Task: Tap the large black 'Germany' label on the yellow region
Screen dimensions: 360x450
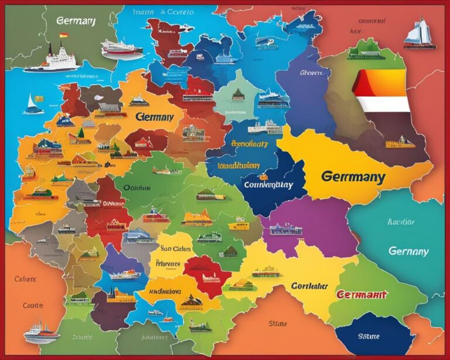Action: point(353,176)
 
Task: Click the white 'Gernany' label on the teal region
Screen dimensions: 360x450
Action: point(408,251)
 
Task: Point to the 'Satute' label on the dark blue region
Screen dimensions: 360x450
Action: point(368,336)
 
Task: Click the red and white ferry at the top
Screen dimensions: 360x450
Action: point(122,50)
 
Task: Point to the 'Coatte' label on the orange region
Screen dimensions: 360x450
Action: point(33,305)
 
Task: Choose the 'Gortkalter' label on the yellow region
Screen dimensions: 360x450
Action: point(309,286)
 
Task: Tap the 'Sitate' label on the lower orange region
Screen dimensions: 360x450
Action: point(278,322)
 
